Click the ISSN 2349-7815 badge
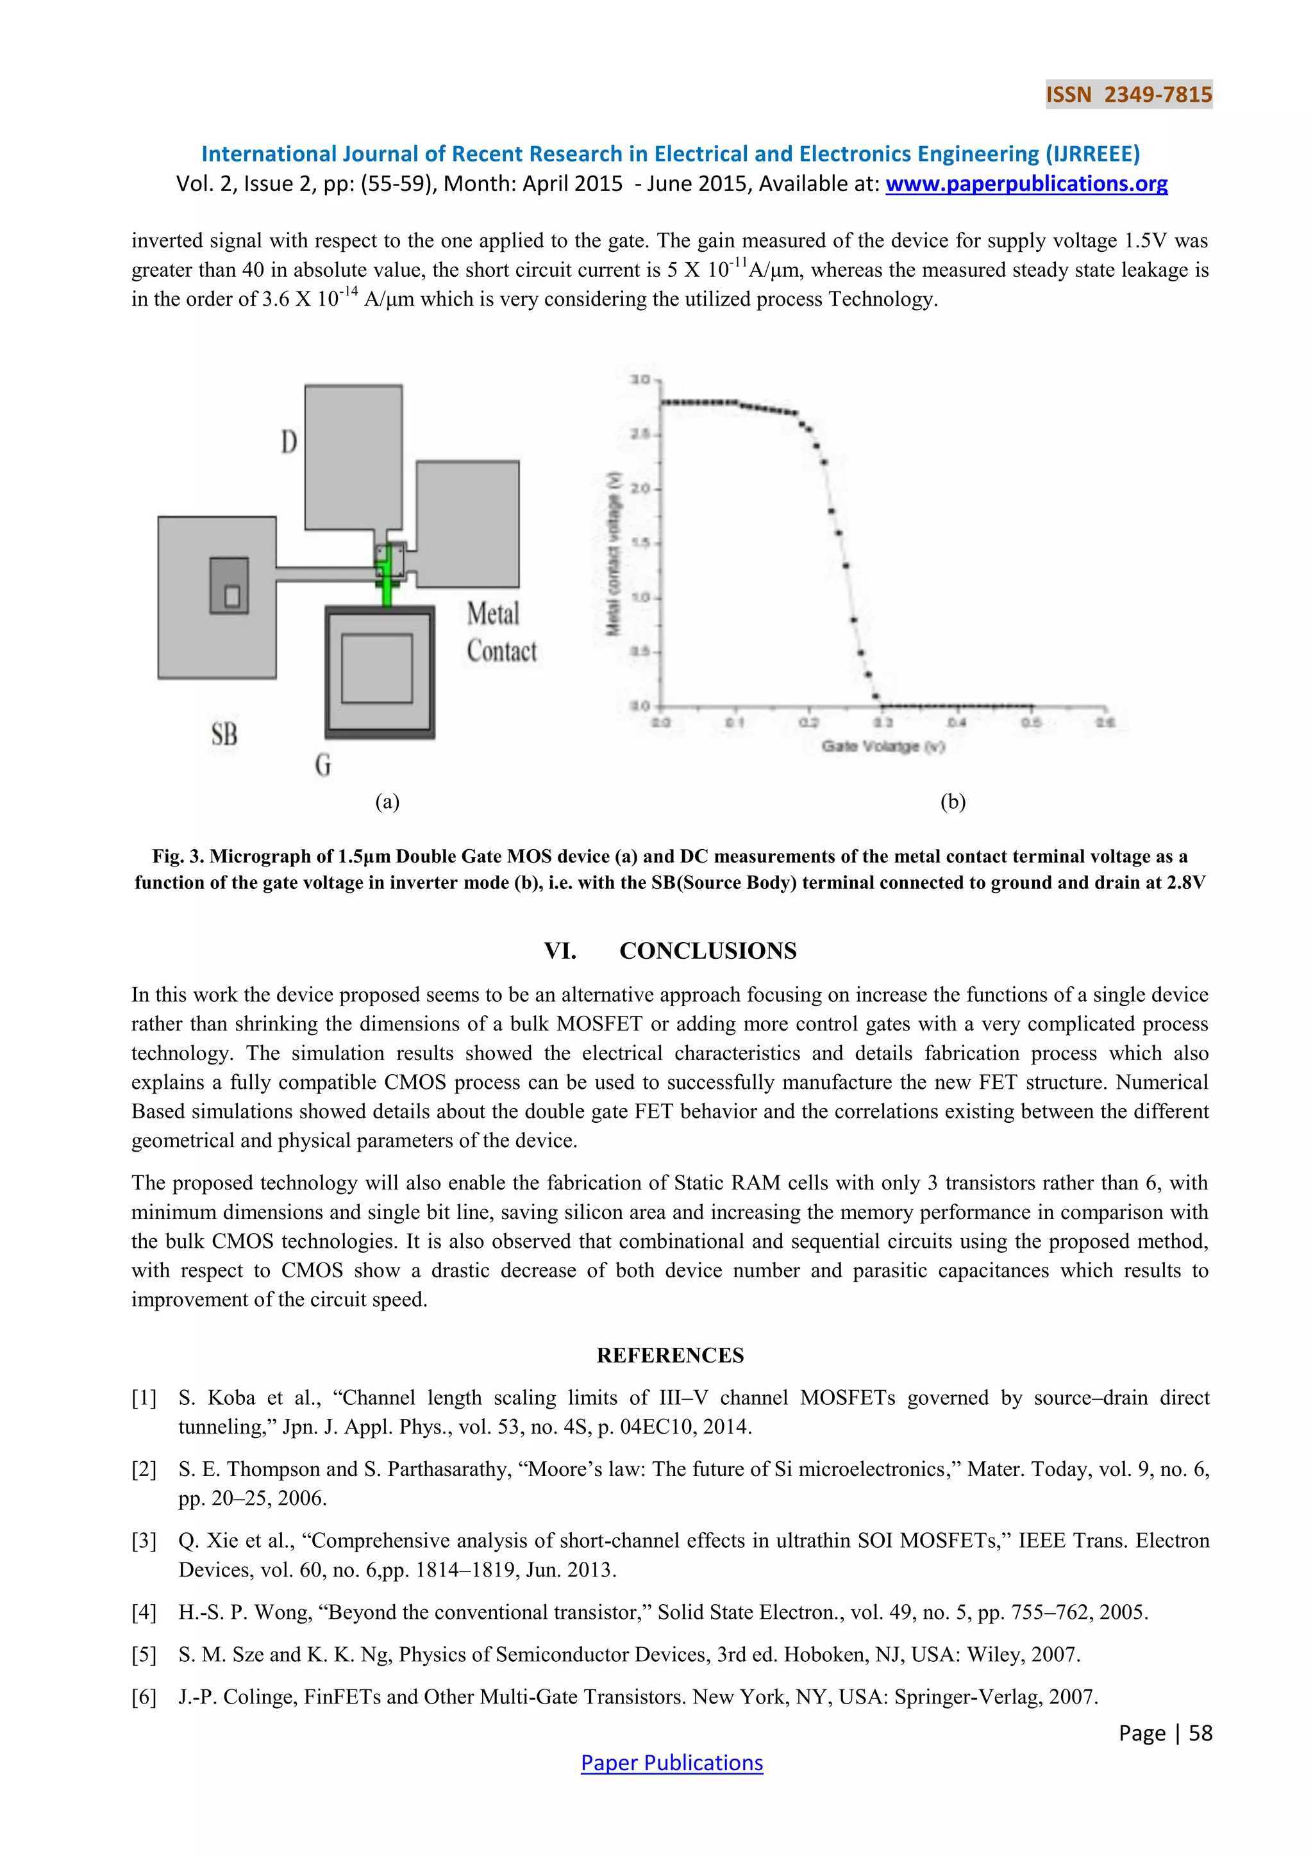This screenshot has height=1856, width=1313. coord(1128,95)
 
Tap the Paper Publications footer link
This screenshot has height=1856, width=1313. coord(671,1762)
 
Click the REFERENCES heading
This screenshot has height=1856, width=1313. coord(670,1355)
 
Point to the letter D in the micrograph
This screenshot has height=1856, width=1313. coord(289,442)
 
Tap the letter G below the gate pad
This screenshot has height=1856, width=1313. coord(322,764)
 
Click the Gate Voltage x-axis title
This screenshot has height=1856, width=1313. coord(883,746)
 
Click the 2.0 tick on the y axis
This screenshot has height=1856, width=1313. coord(640,488)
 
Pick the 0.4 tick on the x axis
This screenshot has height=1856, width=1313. coord(956,722)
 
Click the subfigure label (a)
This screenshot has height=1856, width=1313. coord(387,801)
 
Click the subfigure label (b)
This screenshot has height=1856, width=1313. coord(953,801)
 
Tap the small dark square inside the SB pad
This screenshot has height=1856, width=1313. coord(229,585)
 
